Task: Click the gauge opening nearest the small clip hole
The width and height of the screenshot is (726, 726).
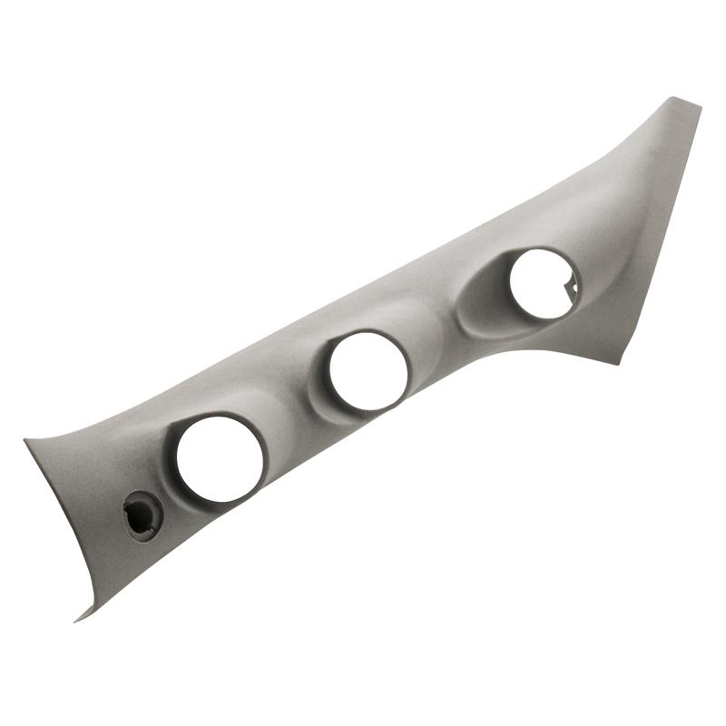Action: [x=221, y=458]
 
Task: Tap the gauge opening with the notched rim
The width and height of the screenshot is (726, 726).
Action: [x=542, y=283]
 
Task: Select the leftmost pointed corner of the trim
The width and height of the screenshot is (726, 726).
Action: [x=27, y=442]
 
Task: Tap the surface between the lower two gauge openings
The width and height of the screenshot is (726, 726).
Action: [x=290, y=408]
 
